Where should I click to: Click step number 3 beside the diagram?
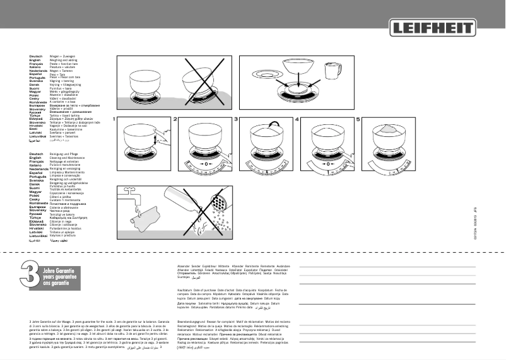[x=236, y=119]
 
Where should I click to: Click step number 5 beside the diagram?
[x=357, y=119]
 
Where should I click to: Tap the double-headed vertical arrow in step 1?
[x=165, y=136]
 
